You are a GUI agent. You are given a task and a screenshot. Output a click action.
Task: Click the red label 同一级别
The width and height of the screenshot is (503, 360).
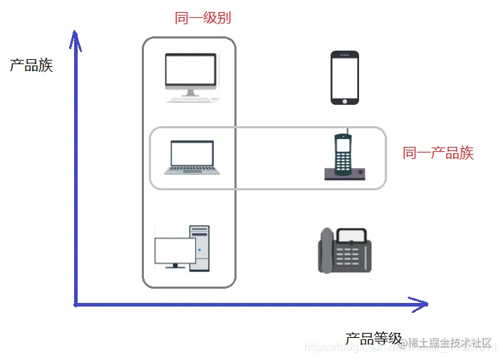(203, 19)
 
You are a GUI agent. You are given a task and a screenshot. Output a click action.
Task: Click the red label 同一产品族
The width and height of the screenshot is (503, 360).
(438, 153)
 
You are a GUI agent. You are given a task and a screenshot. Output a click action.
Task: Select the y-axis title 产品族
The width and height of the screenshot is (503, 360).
(31, 66)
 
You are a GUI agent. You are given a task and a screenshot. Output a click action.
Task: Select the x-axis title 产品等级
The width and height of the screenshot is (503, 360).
(373, 339)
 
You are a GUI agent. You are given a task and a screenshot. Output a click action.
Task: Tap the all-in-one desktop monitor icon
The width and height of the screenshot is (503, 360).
(190, 73)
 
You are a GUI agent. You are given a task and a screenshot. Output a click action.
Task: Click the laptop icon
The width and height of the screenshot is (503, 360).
(192, 157)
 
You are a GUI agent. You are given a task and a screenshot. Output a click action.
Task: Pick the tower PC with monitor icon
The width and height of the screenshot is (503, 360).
(182, 248)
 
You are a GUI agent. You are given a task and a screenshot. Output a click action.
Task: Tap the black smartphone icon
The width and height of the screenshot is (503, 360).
(345, 78)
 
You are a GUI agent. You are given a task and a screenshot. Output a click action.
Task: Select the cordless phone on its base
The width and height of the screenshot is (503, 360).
(344, 156)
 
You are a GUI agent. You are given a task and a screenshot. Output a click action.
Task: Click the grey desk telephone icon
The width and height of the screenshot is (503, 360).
(344, 250)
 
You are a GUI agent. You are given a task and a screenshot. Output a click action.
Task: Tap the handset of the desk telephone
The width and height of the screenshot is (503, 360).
(326, 251)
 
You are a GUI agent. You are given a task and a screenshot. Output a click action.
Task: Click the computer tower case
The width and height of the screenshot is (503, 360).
(200, 248)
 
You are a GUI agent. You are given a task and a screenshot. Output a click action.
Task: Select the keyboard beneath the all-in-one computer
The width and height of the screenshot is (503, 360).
(192, 99)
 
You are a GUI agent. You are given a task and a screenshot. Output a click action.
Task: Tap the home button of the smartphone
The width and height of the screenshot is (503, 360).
(345, 101)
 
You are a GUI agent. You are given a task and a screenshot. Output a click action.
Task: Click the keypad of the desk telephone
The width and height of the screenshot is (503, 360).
(352, 256)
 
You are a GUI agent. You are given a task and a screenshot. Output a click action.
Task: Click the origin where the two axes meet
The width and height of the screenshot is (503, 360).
(76, 305)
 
